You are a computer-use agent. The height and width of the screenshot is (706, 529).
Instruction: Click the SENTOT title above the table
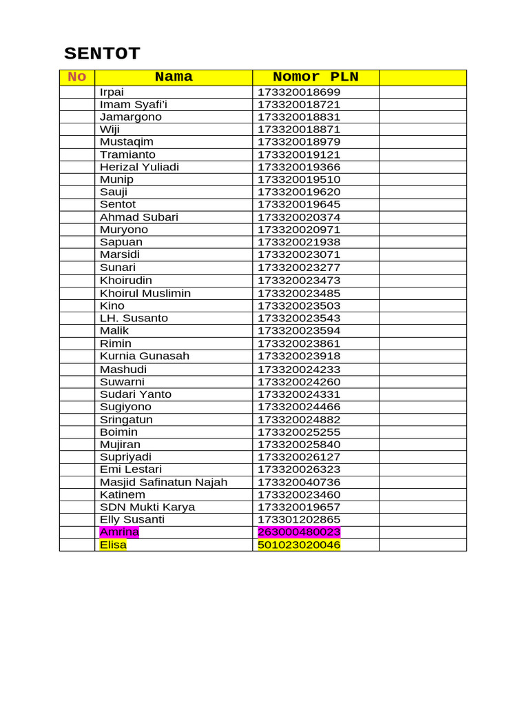(x=102, y=54)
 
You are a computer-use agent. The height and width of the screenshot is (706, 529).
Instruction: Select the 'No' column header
(x=76, y=77)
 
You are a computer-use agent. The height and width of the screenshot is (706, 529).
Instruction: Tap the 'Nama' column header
(x=174, y=77)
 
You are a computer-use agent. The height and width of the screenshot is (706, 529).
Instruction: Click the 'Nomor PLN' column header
(x=315, y=77)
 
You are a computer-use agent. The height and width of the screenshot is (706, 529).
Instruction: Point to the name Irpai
(x=112, y=92)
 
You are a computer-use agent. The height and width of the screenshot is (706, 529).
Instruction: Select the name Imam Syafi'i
(x=134, y=105)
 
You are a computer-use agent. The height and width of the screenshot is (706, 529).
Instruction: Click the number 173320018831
(x=299, y=117)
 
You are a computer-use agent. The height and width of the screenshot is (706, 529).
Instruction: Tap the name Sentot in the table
(x=118, y=205)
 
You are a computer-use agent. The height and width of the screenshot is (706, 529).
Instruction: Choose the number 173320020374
(x=299, y=218)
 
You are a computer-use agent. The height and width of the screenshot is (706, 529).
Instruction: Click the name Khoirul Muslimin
(x=145, y=294)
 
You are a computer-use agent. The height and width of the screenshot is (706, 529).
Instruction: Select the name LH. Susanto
(x=134, y=319)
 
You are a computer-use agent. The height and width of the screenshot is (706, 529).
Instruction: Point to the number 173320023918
(x=299, y=356)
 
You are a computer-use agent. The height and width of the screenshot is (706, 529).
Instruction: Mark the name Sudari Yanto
(x=136, y=394)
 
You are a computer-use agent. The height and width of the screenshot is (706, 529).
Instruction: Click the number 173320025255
(x=299, y=432)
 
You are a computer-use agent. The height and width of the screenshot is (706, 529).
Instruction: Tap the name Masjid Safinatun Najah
(x=163, y=483)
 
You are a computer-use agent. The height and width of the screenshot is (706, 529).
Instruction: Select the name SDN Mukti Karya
(x=147, y=507)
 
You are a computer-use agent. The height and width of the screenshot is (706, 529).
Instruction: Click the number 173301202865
(x=299, y=520)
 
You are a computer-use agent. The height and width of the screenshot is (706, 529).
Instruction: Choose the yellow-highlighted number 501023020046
(x=299, y=545)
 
